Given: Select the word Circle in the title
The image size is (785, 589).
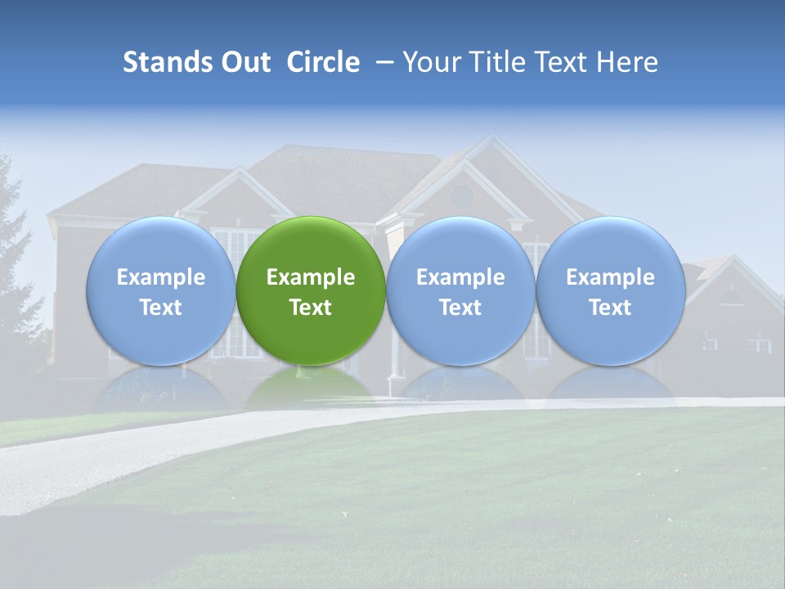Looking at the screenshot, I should [323, 62].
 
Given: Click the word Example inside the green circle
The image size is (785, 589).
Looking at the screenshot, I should [311, 277].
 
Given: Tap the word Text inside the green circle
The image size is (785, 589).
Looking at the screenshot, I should [311, 308].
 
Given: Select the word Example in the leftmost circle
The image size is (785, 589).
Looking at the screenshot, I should [160, 277].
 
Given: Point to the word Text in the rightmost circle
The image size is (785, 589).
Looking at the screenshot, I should [610, 308].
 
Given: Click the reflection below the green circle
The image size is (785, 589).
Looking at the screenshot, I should [311, 388].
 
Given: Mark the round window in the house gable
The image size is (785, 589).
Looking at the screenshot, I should [462, 196].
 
